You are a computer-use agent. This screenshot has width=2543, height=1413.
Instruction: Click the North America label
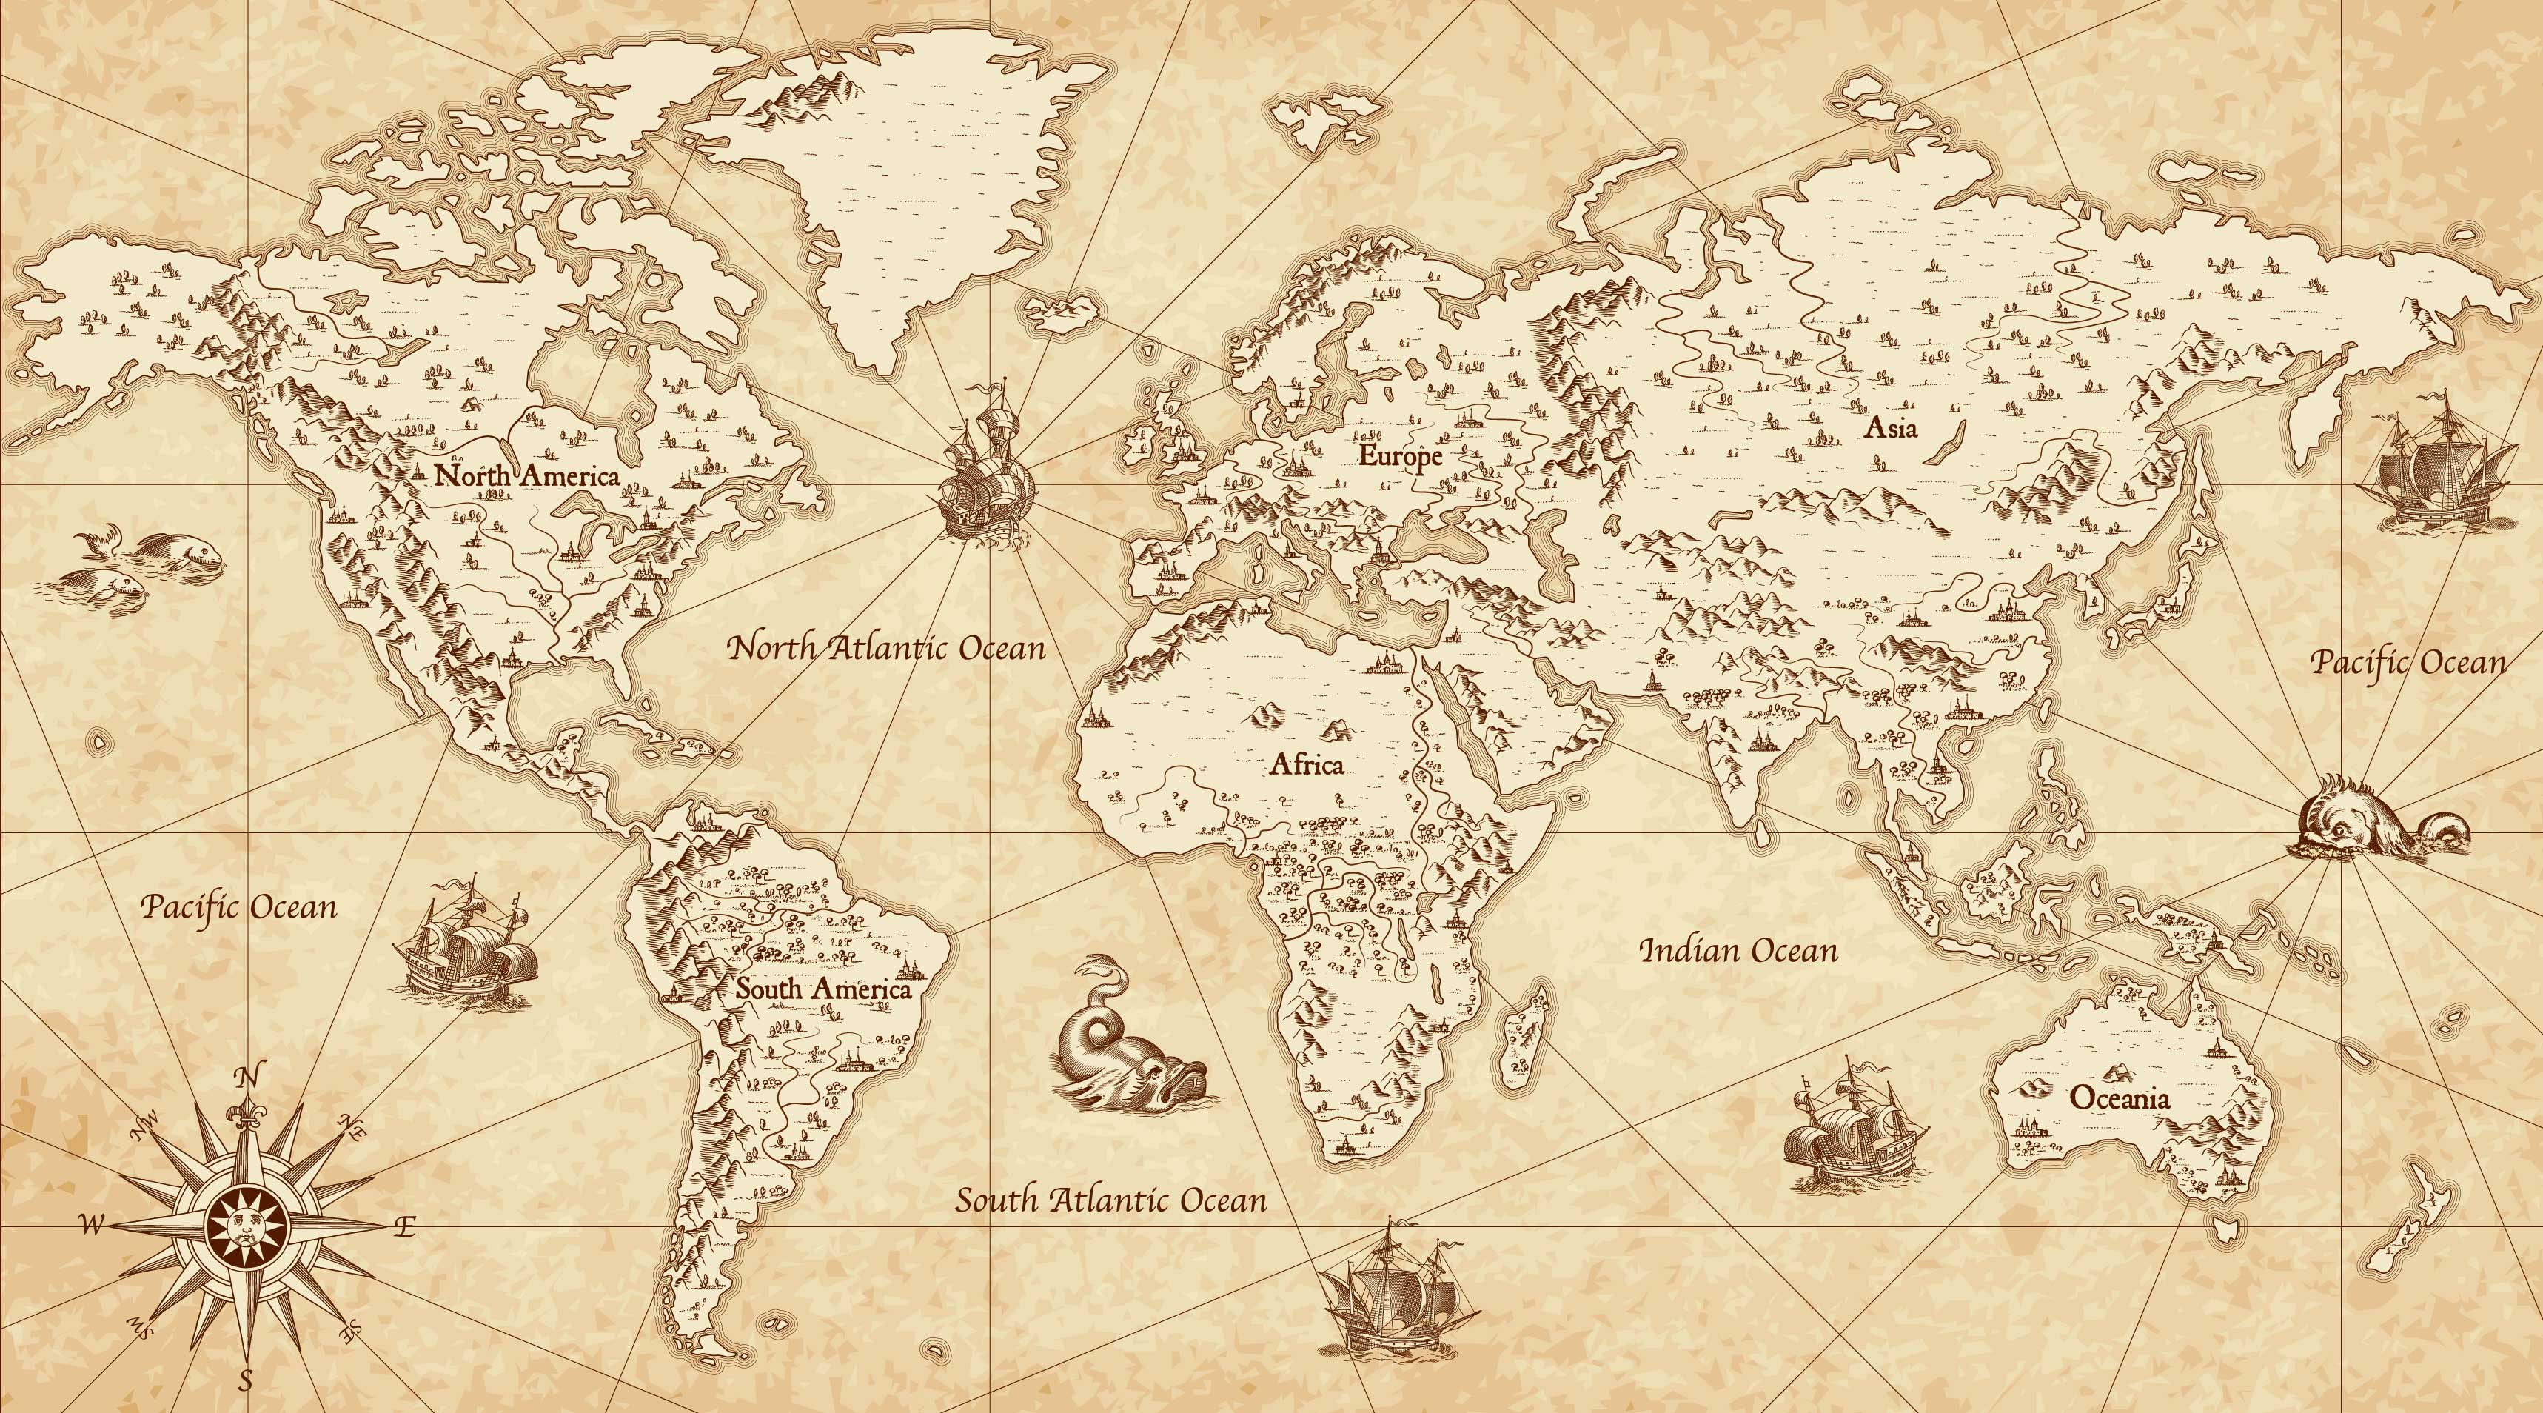pyautogui.click(x=527, y=476)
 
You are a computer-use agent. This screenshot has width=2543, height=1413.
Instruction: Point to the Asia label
pyautogui.click(x=1891, y=427)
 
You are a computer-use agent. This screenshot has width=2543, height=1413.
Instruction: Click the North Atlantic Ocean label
pyautogui.click(x=885, y=649)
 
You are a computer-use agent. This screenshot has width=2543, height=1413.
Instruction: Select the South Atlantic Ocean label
pyautogui.click(x=1110, y=1200)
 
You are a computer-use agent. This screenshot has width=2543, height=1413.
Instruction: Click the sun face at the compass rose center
pyautogui.click(x=246, y=1226)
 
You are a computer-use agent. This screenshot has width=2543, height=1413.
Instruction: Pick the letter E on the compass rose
pyautogui.click(x=405, y=1227)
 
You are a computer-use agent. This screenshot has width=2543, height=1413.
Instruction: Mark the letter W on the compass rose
pyautogui.click(x=91, y=1226)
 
